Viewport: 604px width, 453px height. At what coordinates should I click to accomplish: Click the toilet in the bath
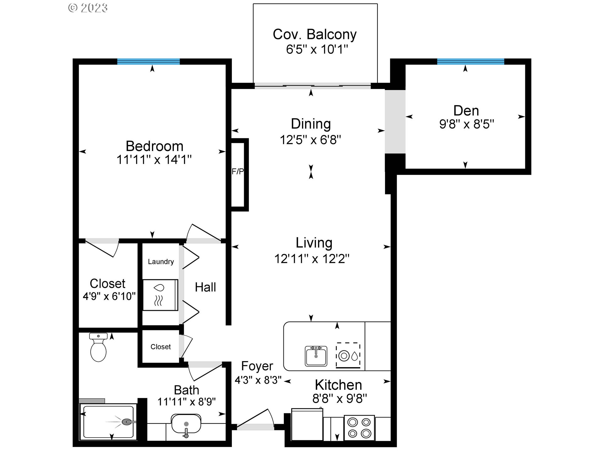98,348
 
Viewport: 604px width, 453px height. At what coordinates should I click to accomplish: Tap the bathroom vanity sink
186,424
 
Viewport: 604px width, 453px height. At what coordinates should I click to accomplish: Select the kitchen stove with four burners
359,428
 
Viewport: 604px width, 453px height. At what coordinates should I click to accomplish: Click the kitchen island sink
316,356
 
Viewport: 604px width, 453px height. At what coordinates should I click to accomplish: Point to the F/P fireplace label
238,171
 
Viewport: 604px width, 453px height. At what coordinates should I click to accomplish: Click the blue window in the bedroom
148,61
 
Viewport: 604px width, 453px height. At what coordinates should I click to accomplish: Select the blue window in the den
470,61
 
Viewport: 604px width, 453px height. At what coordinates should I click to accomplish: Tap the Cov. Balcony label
315,34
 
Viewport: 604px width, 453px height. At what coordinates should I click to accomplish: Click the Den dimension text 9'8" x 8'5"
467,124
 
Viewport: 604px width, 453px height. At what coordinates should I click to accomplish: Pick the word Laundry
161,262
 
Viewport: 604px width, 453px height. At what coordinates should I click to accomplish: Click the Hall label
205,287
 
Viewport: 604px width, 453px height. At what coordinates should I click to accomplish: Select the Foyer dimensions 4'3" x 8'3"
258,380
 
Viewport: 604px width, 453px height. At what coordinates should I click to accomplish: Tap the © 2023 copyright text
88,8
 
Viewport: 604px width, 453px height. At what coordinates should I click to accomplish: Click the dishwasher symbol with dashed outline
348,355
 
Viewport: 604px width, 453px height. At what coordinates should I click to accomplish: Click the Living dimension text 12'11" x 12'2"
312,259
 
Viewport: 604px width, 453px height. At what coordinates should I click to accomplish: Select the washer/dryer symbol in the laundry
160,295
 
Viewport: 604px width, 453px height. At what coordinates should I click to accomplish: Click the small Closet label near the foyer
160,347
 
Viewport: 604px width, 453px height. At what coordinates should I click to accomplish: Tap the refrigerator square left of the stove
307,425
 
